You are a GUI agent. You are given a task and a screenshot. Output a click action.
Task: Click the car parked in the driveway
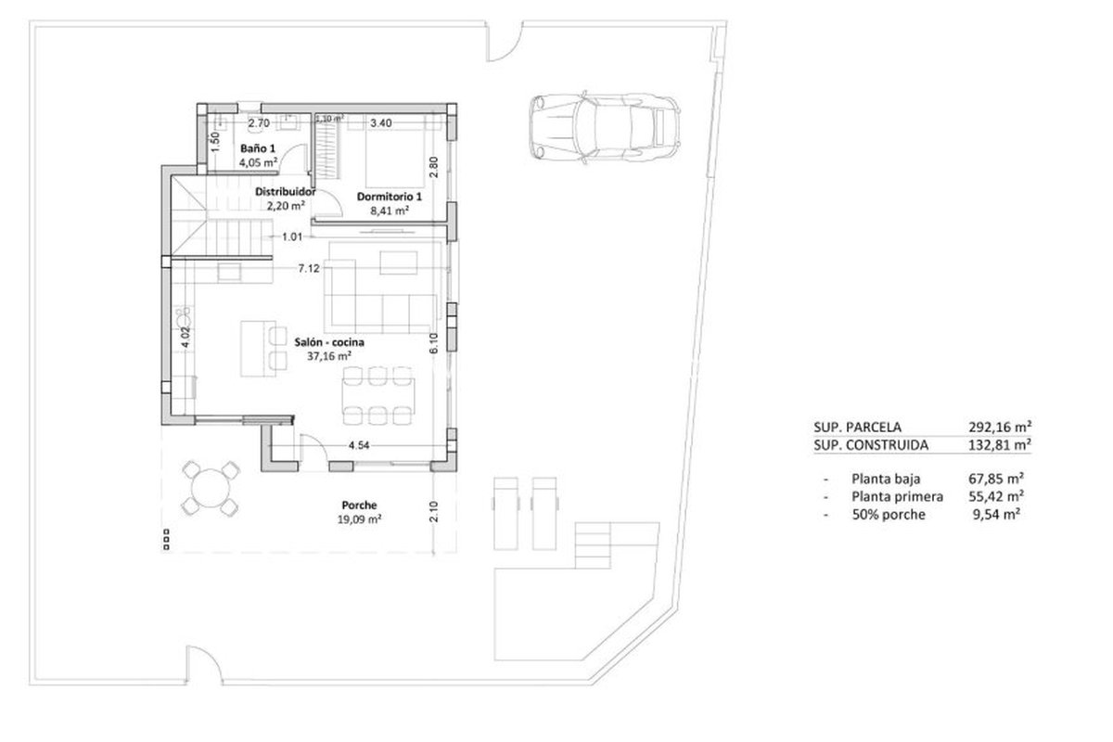pyautogui.click(x=604, y=127)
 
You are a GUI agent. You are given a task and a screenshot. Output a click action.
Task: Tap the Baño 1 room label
pyautogui.click(x=258, y=148)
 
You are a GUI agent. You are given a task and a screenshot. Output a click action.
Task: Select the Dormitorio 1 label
pyautogui.click(x=389, y=197)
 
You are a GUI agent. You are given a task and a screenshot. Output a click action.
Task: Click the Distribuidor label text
pyautogui.click(x=286, y=191)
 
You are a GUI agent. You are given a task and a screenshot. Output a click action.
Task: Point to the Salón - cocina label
pyautogui.click(x=329, y=342)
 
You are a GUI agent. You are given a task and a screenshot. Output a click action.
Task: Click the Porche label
pyautogui.click(x=359, y=505)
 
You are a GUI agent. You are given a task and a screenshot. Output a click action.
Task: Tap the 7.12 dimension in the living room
pyautogui.click(x=309, y=268)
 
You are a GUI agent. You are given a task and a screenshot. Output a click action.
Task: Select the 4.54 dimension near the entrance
pyautogui.click(x=359, y=445)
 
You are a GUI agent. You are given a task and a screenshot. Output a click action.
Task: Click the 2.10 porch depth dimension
pyautogui.click(x=433, y=511)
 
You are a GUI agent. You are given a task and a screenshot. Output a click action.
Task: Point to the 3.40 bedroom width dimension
pyautogui.click(x=381, y=122)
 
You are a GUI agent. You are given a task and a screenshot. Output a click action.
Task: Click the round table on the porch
pyautogui.click(x=211, y=489)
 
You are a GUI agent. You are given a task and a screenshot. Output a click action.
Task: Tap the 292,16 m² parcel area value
pyautogui.click(x=1000, y=427)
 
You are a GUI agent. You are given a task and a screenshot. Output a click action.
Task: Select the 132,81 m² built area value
pyautogui.click(x=1000, y=444)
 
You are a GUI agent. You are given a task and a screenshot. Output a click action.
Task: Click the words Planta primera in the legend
pyautogui.click(x=898, y=496)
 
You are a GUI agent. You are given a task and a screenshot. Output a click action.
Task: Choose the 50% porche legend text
pyautogui.click(x=889, y=515)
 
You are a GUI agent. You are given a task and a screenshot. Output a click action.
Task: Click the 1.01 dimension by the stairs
pyautogui.click(x=292, y=237)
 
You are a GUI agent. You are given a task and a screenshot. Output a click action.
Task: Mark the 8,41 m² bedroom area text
pyautogui.click(x=390, y=211)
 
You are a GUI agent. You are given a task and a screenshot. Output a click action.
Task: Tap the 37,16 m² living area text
pyautogui.click(x=329, y=356)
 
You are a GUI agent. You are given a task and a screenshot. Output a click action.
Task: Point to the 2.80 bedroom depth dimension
pyautogui.click(x=434, y=167)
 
